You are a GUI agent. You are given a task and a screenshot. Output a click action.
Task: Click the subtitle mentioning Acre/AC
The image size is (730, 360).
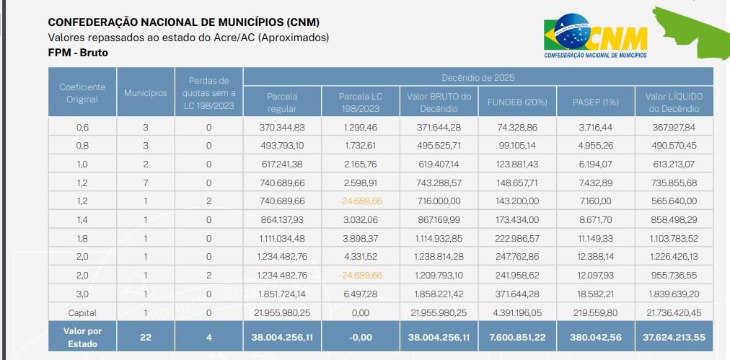(188, 37)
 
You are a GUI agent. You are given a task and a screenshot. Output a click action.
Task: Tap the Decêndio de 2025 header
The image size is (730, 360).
(478, 77)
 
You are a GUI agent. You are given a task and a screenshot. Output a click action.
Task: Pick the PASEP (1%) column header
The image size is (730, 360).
(596, 102)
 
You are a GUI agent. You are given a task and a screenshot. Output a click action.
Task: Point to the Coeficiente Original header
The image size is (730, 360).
(82, 93)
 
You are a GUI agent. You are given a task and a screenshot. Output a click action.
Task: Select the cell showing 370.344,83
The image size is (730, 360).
(282, 127)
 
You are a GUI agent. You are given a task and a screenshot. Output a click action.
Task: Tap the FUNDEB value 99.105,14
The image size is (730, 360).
(517, 146)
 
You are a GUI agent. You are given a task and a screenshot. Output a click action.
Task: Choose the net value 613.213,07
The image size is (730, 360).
(674, 164)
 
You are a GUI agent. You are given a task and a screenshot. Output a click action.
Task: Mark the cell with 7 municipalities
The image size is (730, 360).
(145, 183)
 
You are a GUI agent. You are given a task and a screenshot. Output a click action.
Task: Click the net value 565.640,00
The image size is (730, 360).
(674, 201)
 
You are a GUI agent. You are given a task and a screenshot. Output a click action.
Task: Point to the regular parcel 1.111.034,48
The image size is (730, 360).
(282, 238)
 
